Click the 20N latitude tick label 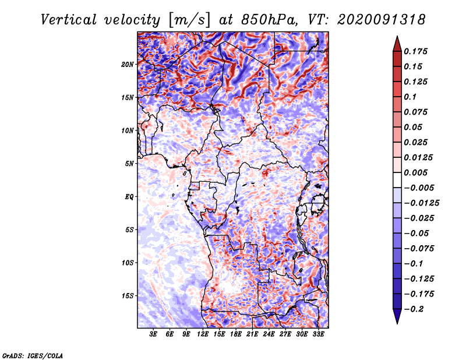tap(128, 64)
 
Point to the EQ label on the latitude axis tap(129, 196)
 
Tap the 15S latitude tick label tap(128, 295)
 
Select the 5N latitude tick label tap(129, 163)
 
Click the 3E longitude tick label tap(154, 335)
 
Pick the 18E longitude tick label tap(236, 335)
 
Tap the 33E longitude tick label tap(318, 335)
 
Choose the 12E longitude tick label tap(203, 335)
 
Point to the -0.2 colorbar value tap(416, 309)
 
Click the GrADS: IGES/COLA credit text tap(33, 355)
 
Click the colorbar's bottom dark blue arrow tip tap(397, 322)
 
